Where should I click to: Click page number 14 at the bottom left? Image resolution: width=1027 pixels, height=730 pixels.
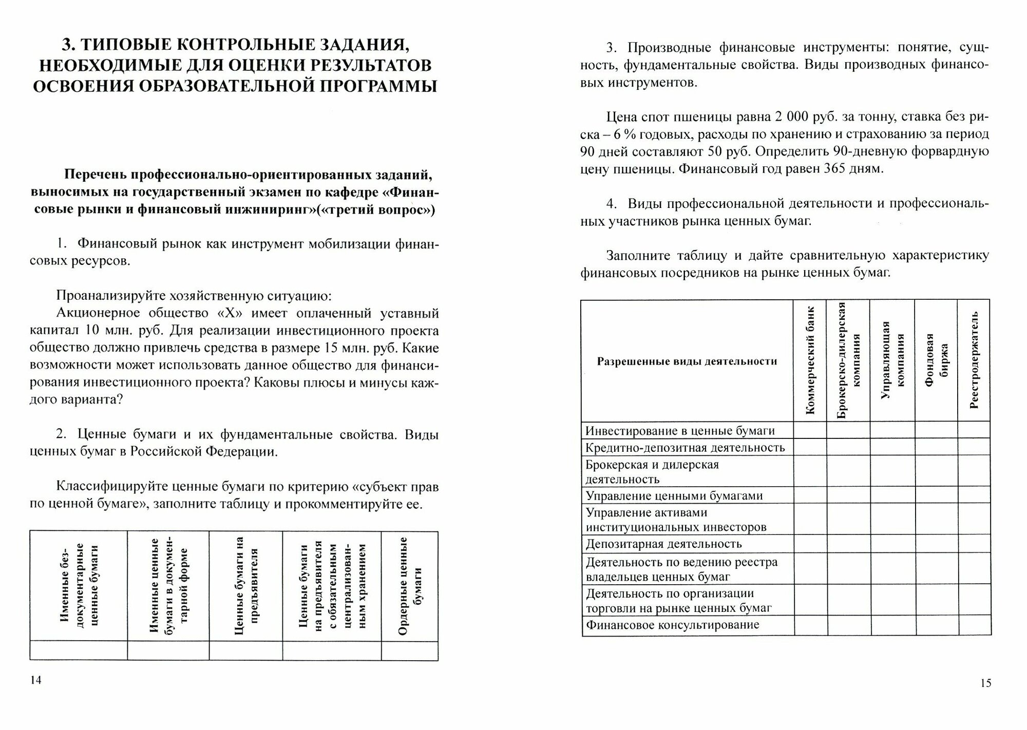35,681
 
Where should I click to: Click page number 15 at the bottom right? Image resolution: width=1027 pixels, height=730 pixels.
985,683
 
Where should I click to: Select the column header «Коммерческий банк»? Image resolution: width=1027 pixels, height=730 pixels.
810,360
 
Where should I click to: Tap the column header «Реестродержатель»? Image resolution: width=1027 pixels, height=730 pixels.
974,360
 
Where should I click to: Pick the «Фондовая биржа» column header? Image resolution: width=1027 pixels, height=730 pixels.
936,360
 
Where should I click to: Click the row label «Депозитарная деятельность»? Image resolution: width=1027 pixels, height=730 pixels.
663,544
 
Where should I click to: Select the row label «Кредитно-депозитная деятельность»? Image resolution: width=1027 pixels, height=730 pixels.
685,447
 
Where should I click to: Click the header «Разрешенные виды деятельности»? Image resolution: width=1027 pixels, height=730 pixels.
687,361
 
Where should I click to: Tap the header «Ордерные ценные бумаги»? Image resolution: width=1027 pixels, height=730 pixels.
410,585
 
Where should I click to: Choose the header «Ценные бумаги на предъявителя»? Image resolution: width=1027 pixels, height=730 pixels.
245,585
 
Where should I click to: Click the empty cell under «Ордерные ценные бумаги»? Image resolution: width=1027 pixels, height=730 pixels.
410,650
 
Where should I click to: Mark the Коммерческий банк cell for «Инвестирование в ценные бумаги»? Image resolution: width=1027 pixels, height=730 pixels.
810,430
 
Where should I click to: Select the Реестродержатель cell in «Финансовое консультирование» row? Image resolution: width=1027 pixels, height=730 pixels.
974,625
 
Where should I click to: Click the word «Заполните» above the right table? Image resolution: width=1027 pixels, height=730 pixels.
637,255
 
